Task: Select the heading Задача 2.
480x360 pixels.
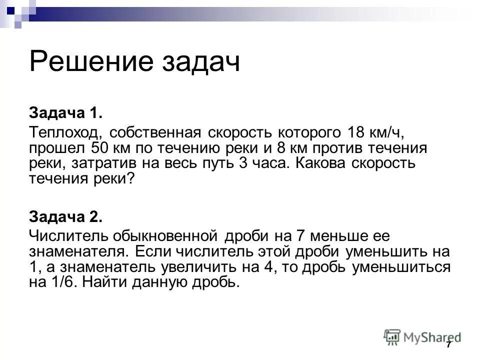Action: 66,216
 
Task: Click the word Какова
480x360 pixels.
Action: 324,164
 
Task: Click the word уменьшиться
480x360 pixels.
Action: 401,266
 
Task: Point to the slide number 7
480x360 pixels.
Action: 448,345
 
